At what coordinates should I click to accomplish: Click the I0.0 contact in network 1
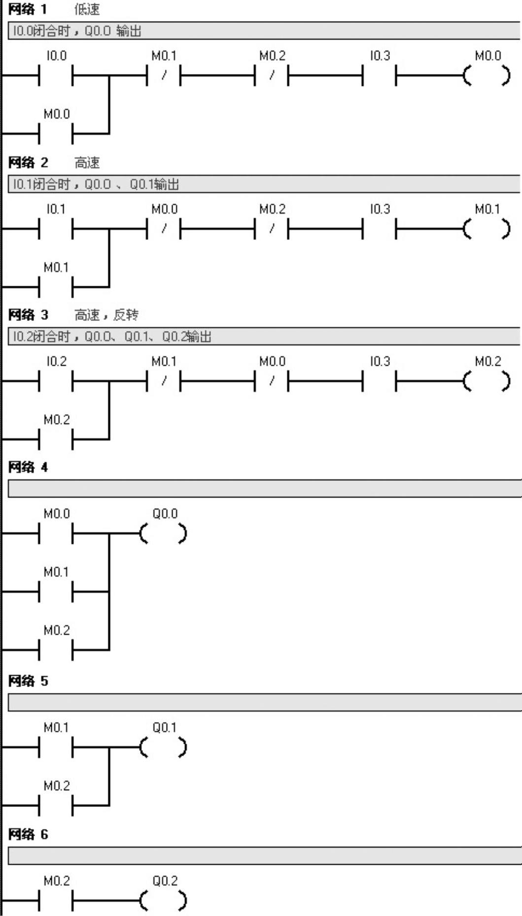(x=56, y=76)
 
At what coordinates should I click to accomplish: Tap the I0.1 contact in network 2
(x=56, y=229)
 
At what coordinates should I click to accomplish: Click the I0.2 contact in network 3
(x=56, y=382)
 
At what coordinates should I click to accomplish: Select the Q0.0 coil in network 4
(x=164, y=534)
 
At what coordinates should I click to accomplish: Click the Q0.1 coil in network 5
(x=164, y=748)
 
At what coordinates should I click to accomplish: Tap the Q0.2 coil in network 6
(x=164, y=901)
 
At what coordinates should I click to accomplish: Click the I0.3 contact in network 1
(x=379, y=76)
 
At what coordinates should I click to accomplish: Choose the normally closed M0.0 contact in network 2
(x=164, y=229)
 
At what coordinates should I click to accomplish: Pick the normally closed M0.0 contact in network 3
(x=272, y=382)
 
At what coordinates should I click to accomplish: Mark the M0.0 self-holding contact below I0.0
(x=56, y=133)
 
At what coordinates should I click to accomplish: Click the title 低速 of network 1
(x=87, y=9)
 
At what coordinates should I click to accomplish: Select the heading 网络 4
(x=28, y=467)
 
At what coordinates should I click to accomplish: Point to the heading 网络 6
(x=28, y=834)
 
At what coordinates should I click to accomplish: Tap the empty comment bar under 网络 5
(x=264, y=702)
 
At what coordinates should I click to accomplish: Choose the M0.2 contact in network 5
(x=56, y=805)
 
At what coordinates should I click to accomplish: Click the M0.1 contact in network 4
(x=56, y=591)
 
